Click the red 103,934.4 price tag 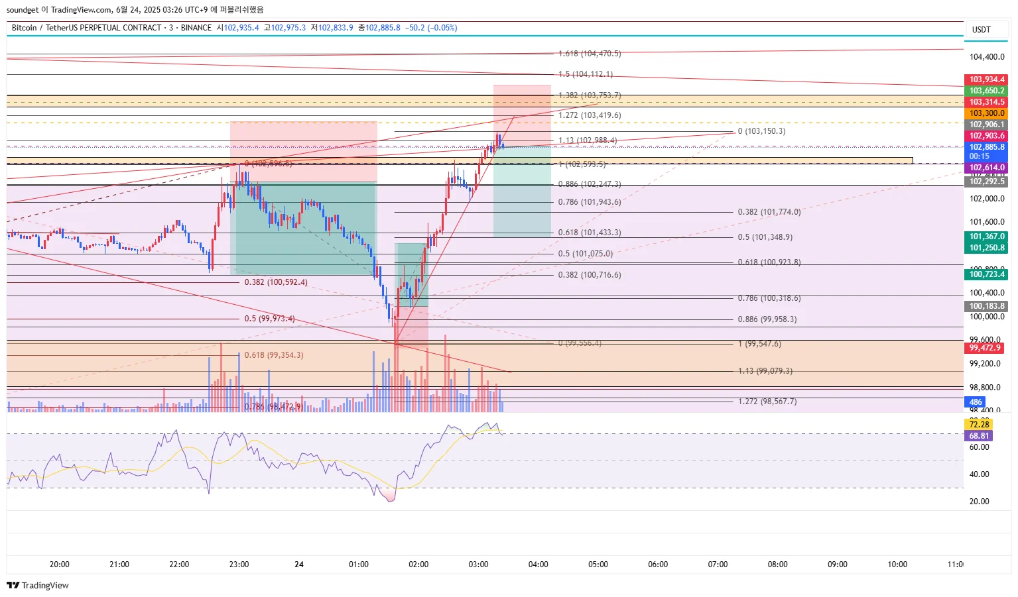click(x=987, y=80)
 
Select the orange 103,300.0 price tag click(x=987, y=113)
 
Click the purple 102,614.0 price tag click(x=987, y=168)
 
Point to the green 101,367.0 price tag click(x=987, y=237)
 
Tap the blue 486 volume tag click(x=976, y=402)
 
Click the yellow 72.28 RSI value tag click(x=979, y=424)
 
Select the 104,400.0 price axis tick click(x=987, y=57)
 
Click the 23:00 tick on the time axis click(x=239, y=565)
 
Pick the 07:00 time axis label click(x=718, y=565)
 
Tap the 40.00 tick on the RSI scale click(x=980, y=474)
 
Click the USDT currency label click(x=981, y=30)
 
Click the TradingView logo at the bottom click(x=38, y=585)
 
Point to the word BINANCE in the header click(x=196, y=28)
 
